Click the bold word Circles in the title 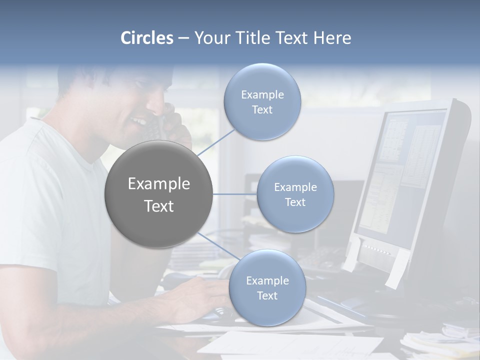pyautogui.click(x=146, y=38)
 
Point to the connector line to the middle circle pyautogui.click(x=235, y=194)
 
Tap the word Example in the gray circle pyautogui.click(x=159, y=184)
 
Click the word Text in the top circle pyautogui.click(x=262, y=109)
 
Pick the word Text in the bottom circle pyautogui.click(x=267, y=295)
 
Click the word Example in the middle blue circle pyautogui.click(x=295, y=187)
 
